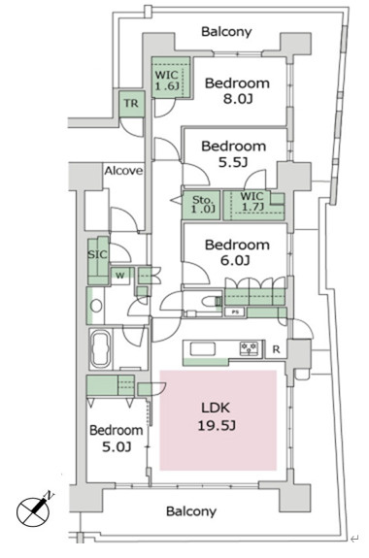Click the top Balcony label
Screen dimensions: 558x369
226,32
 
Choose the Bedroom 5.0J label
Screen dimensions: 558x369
116,438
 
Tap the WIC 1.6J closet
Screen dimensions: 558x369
169,78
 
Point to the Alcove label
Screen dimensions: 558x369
123,171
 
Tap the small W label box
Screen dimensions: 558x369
120,275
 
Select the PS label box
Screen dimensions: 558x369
235,312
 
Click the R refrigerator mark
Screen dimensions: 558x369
277,348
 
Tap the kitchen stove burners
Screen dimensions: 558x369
248,347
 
